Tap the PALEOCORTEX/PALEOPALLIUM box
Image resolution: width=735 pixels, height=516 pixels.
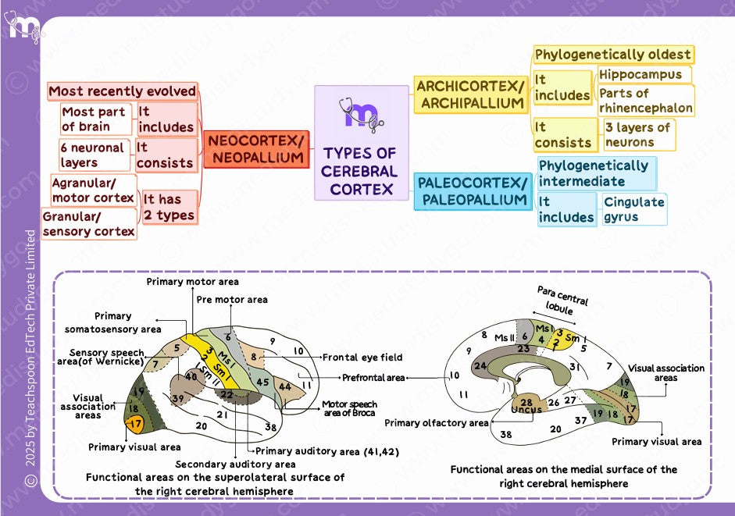point(472,191)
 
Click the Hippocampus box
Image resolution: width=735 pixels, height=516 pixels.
point(640,75)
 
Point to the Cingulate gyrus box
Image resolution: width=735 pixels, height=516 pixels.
point(633,209)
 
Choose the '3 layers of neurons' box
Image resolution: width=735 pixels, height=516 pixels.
point(638,134)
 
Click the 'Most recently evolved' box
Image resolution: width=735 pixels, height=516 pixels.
point(122,91)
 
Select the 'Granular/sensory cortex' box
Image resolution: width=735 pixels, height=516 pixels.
point(88,224)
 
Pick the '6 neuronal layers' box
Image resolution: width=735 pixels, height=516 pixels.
point(93,155)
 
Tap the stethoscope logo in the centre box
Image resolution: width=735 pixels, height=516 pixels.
point(362,114)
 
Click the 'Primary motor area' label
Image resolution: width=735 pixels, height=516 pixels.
point(193,282)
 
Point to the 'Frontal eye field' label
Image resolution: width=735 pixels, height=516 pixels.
point(362,358)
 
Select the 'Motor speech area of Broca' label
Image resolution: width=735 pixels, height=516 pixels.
point(348,408)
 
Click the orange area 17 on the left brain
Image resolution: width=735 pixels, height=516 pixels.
point(136,425)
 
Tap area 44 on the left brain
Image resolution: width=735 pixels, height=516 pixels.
point(284,386)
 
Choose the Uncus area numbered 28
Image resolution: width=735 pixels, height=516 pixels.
point(526,405)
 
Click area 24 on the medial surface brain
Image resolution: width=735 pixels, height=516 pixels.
point(480,365)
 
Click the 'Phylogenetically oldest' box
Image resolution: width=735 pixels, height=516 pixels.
point(613,55)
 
